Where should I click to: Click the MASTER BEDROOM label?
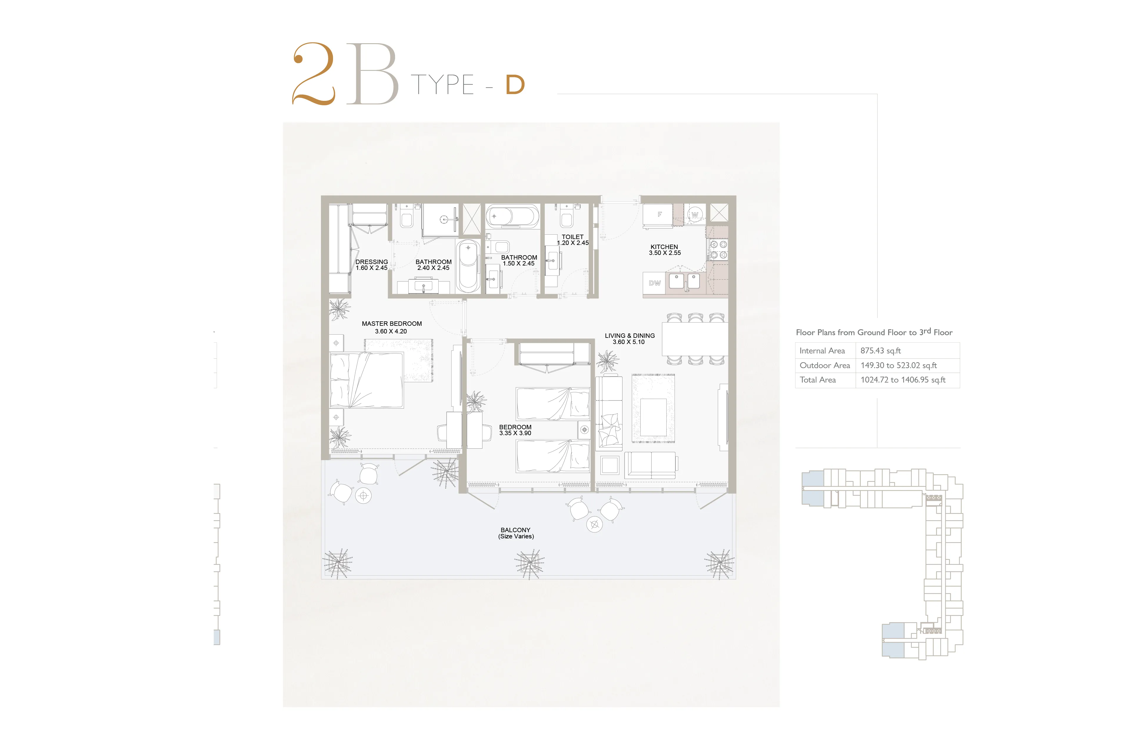click(392, 324)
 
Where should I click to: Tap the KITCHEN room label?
click(664, 247)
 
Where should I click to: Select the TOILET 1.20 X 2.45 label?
click(572, 240)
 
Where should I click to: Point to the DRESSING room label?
click(372, 262)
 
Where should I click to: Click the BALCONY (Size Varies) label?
click(516, 533)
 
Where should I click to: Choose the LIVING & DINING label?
click(630, 335)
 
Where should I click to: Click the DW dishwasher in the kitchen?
click(654, 283)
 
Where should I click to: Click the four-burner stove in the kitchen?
click(718, 250)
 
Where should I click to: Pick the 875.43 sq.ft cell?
click(880, 351)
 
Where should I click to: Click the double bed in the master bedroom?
click(367, 380)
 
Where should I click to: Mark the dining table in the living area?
click(695, 339)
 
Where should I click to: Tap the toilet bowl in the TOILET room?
click(567, 218)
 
